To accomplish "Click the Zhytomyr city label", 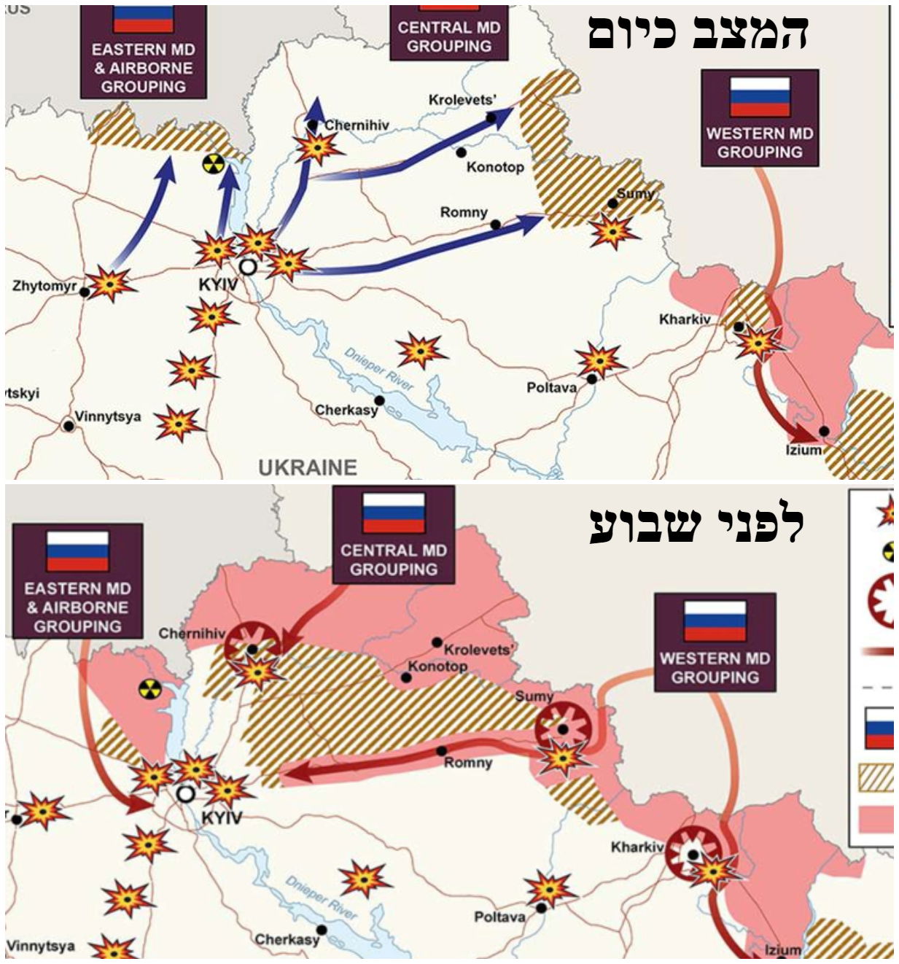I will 44,286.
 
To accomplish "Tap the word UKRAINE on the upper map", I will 308,467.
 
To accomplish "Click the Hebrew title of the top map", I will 698,32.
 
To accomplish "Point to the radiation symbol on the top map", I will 212,164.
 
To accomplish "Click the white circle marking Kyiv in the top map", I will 248,266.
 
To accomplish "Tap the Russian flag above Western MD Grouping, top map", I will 760,97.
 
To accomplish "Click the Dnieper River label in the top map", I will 378,370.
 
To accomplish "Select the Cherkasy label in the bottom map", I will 287,939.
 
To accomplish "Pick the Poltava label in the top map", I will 551,387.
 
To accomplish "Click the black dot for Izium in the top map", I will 824,431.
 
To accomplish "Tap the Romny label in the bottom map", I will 468,763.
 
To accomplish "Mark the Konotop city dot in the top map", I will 462,152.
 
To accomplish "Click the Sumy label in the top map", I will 634,194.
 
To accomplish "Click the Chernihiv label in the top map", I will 357,125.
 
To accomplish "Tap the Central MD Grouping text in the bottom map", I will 394,560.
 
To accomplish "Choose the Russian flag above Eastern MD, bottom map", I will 78,551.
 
